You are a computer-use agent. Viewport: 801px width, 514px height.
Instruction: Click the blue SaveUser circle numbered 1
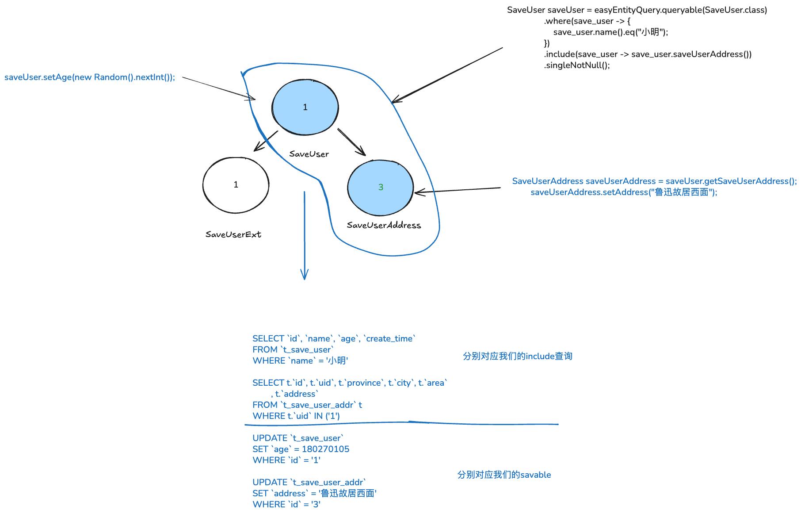coord(305,107)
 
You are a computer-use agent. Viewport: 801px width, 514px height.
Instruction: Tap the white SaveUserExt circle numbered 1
coord(236,184)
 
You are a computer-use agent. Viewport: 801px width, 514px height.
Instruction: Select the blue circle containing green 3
coord(380,187)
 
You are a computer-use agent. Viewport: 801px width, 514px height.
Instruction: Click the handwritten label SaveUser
coord(309,154)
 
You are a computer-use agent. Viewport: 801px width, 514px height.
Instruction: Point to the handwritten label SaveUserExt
coord(233,234)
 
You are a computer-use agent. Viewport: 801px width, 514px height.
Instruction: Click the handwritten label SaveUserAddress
coord(384,225)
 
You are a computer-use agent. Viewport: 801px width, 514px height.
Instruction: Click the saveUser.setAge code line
coord(90,77)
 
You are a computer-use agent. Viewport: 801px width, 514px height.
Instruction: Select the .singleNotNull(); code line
coord(577,65)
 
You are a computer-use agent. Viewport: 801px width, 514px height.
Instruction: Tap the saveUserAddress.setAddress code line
coord(624,192)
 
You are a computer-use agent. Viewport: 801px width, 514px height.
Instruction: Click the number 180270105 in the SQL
coord(325,449)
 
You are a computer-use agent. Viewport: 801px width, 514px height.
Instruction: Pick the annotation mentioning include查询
coord(517,356)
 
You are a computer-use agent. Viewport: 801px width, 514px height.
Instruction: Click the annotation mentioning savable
coord(504,475)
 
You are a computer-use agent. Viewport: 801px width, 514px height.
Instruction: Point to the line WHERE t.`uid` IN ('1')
coord(296,416)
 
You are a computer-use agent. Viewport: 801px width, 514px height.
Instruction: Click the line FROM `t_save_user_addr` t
coord(307,405)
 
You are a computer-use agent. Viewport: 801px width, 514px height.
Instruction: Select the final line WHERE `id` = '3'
coord(286,504)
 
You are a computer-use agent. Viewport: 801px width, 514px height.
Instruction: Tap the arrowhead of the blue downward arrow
coord(304,275)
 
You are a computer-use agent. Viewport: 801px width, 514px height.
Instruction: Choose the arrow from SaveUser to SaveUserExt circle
coord(266,141)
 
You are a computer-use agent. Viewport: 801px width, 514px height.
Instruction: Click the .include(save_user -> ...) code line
coord(648,54)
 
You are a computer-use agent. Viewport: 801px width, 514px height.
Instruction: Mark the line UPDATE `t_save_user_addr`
coord(309,482)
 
